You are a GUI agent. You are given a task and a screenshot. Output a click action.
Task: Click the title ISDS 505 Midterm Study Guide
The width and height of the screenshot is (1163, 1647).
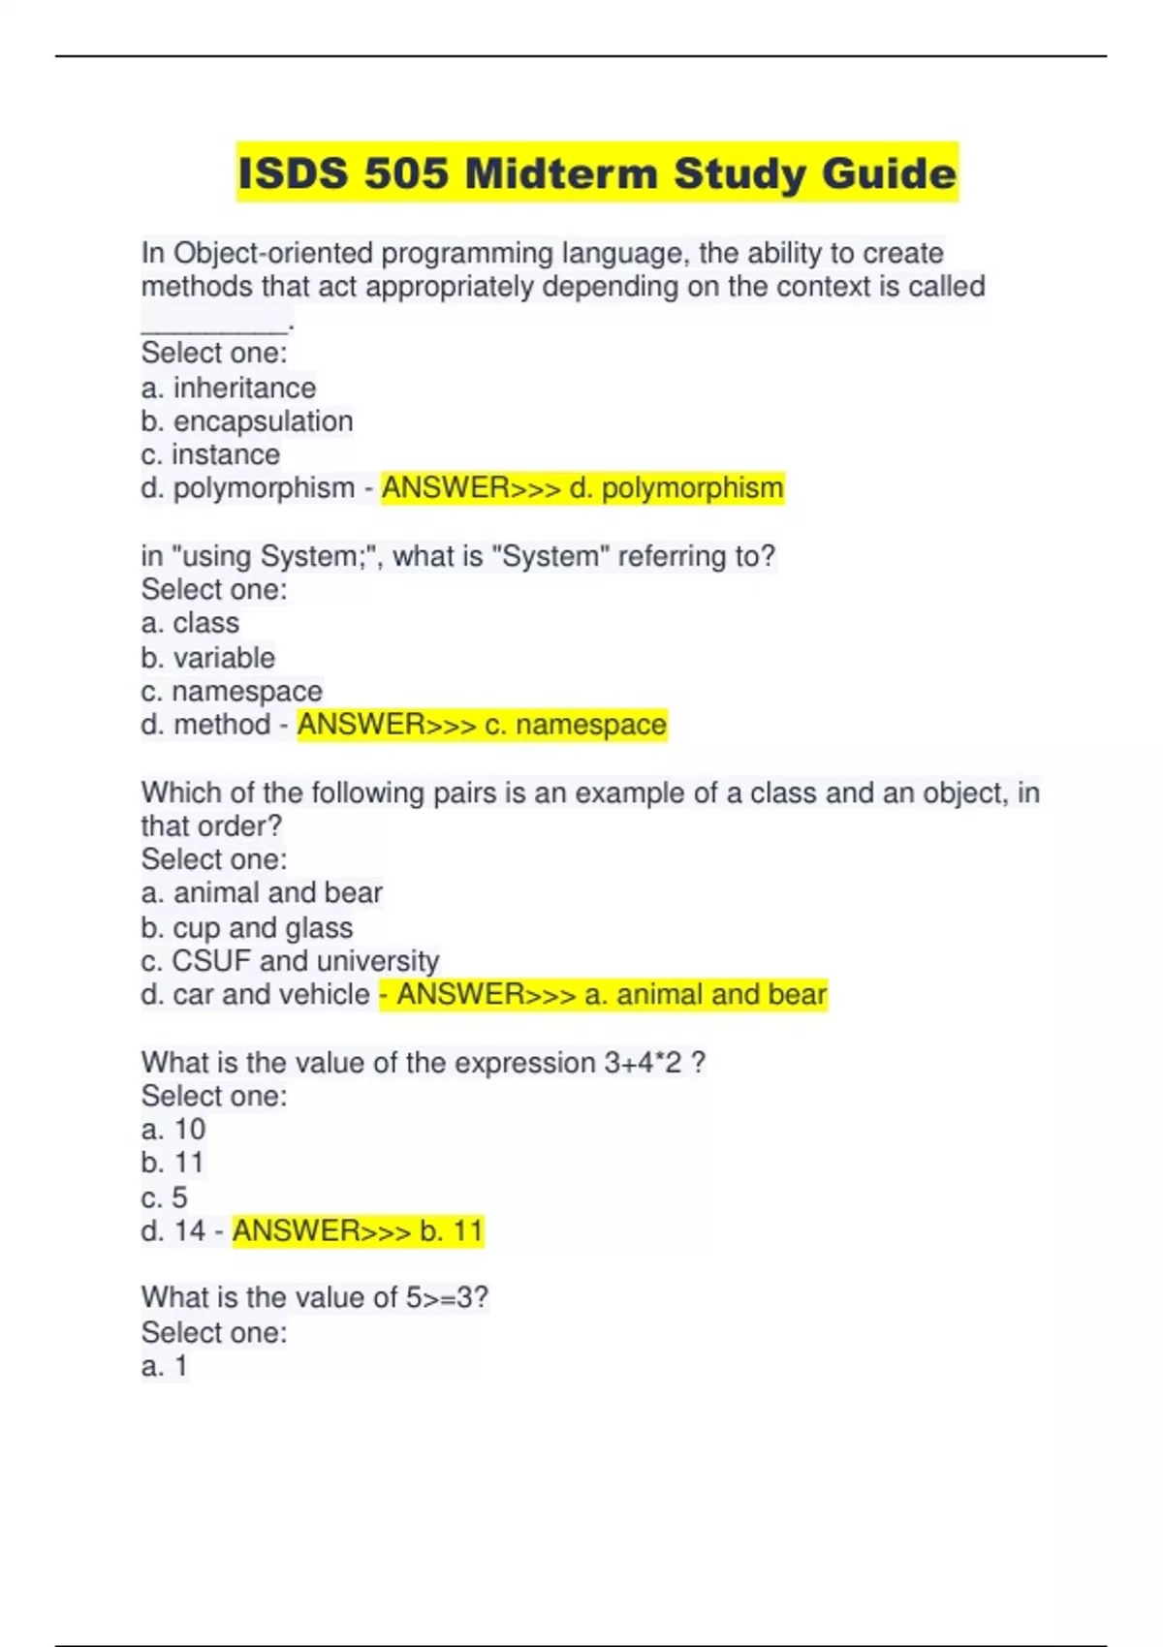597,173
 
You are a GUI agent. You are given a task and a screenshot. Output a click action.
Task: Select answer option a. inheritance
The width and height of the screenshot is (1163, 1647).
229,388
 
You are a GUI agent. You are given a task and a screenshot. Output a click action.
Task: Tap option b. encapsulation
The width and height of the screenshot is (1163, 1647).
247,421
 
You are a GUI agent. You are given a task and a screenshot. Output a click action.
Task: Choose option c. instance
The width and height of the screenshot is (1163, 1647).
210,454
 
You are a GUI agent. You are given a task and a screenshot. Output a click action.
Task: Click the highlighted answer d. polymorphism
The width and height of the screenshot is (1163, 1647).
582,487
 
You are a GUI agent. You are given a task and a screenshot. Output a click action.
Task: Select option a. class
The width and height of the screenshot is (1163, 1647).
190,623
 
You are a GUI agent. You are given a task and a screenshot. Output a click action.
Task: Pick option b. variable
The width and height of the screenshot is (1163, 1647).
208,658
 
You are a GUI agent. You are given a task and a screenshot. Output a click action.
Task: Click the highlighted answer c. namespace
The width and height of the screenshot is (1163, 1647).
482,725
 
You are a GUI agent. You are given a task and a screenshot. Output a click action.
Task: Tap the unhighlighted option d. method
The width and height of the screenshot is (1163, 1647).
205,725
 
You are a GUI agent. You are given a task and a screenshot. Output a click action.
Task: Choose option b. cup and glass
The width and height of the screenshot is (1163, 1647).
247,927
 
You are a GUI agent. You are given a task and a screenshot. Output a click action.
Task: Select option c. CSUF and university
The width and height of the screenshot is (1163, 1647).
290,961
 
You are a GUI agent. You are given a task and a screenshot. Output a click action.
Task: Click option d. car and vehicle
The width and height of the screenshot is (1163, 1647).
256,995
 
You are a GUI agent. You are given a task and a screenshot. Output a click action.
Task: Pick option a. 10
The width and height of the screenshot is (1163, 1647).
173,1130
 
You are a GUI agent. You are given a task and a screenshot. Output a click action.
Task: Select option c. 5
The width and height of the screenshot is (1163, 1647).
165,1197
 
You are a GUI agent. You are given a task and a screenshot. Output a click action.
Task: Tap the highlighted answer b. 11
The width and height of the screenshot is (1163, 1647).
358,1231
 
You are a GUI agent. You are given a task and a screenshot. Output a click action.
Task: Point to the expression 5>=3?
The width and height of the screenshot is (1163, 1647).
447,1297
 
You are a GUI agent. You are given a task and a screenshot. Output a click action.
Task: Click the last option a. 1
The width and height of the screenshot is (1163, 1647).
165,1366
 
